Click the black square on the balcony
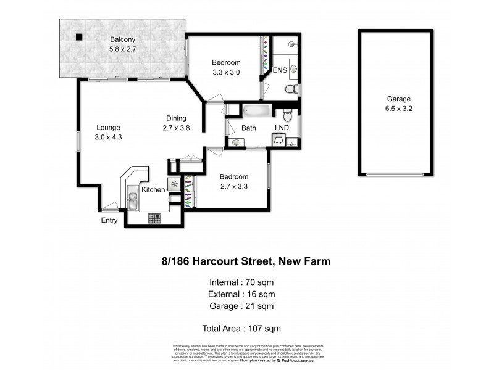coord(79,37)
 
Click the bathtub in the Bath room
coord(256,111)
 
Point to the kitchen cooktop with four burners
coord(154,217)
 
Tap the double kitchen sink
coord(133,199)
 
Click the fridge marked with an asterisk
coord(174,184)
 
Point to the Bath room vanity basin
coord(235,142)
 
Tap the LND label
coord(282,128)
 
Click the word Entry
coord(109,220)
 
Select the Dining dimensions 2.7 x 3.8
coord(175,128)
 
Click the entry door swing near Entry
coord(110,207)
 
